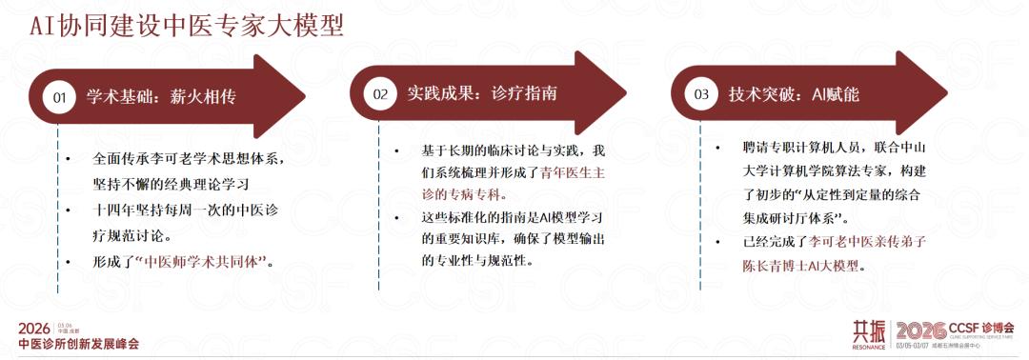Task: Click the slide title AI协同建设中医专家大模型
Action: [x=187, y=27]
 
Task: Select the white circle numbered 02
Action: [x=380, y=93]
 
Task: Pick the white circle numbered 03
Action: [x=701, y=93]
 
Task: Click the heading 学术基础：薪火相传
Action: [x=161, y=98]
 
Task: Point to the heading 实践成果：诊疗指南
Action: [x=482, y=93]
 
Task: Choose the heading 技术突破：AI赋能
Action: [x=794, y=94]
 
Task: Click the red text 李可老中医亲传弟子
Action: [x=867, y=242]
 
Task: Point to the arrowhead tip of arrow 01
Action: [x=306, y=97]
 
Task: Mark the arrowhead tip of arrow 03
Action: [x=948, y=93]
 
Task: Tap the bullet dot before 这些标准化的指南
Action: [x=396, y=216]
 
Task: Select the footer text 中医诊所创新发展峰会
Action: [x=79, y=344]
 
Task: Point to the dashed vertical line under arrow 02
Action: [x=378, y=206]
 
